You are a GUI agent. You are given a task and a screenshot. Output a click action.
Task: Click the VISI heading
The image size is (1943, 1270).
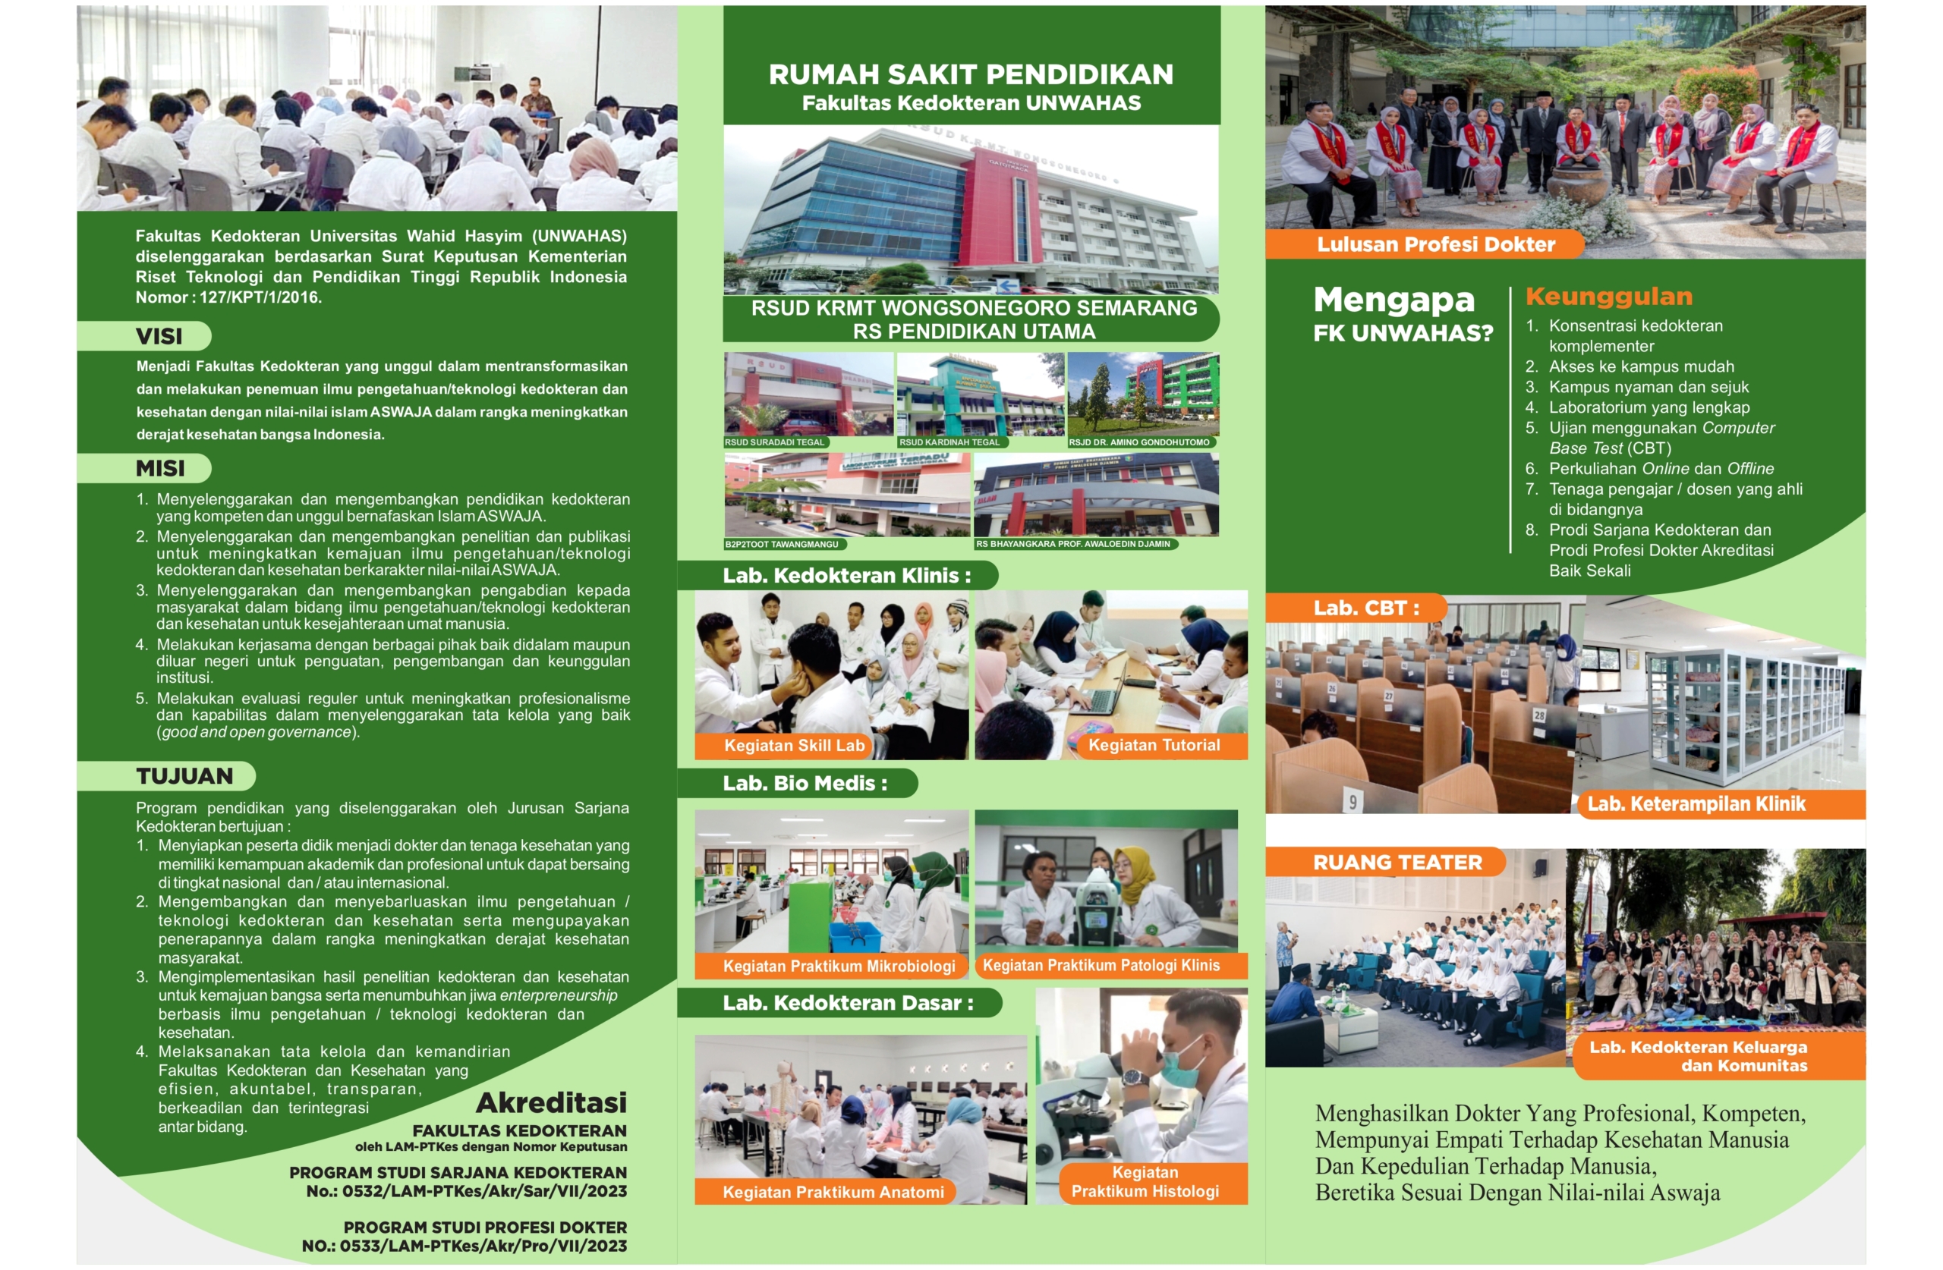(x=159, y=336)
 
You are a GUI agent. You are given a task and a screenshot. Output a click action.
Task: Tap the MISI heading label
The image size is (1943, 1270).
(x=160, y=469)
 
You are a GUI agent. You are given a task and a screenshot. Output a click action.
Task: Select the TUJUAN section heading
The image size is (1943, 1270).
(x=184, y=776)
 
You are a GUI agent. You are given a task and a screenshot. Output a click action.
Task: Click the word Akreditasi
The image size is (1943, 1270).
(x=552, y=1102)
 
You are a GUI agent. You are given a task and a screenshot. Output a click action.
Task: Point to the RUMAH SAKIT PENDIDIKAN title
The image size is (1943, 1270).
(x=971, y=74)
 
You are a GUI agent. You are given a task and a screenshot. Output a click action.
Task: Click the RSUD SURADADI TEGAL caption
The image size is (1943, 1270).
(x=775, y=442)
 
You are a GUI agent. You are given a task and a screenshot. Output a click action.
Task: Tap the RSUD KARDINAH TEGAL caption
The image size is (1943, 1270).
(x=949, y=442)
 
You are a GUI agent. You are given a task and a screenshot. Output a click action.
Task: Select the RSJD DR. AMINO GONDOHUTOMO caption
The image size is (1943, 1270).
(x=1139, y=442)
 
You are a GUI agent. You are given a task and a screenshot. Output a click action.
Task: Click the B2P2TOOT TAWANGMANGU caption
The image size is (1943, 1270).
(x=782, y=544)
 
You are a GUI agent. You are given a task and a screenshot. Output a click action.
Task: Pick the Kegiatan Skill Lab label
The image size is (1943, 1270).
(x=795, y=745)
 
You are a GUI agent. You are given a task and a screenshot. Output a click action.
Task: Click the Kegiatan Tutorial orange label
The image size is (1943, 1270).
(x=1154, y=745)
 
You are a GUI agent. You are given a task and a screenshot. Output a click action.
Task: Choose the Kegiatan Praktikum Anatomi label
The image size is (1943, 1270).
(x=833, y=1193)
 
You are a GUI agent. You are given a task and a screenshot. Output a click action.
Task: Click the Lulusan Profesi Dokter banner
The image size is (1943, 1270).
(x=1436, y=244)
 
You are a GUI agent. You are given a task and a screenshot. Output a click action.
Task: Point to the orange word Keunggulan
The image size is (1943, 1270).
(x=1608, y=297)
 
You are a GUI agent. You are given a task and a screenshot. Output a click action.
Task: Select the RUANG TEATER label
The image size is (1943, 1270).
(x=1397, y=863)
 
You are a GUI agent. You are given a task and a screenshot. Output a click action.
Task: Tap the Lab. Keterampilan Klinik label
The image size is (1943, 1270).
(x=1696, y=804)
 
